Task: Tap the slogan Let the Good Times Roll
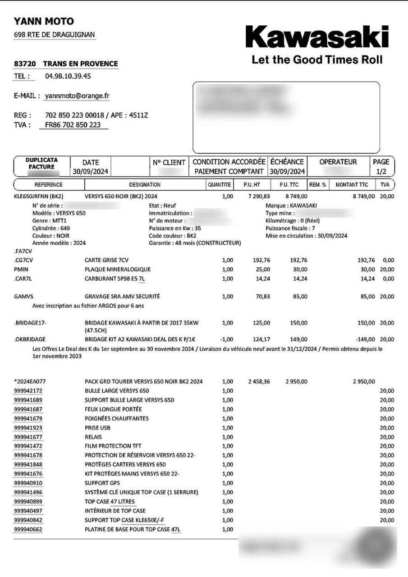(316, 60)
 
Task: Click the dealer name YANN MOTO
(44, 21)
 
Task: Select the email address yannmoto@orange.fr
(77, 96)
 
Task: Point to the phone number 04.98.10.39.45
(68, 76)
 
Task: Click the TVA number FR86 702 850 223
(73, 125)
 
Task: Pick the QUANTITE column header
(220, 185)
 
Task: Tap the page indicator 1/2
(380, 171)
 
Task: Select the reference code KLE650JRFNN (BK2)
(38, 197)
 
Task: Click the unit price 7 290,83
(259, 197)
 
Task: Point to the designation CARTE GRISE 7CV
(107, 260)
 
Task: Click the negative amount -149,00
(365, 339)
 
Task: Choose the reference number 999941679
(28, 419)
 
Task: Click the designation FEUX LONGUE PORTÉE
(113, 409)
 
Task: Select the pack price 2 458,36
(259, 382)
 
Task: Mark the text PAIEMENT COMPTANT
(229, 171)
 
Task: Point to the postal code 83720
(25, 64)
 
